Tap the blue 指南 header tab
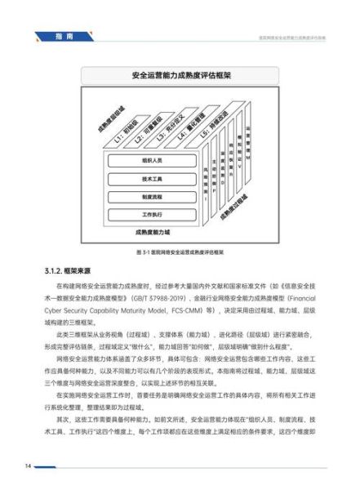(64, 38)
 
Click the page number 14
(27, 466)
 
